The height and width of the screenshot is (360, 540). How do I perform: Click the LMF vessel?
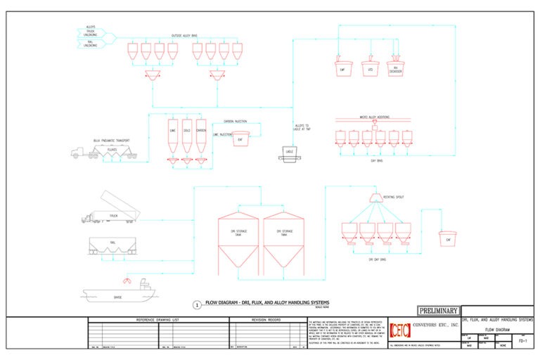tap(342, 68)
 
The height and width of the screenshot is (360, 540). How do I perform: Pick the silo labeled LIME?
tap(172, 135)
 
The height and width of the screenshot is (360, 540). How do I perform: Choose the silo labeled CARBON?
tap(201, 135)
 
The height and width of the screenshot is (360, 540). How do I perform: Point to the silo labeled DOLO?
tap(186, 135)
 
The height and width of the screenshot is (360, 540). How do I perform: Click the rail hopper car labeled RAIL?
tap(112, 244)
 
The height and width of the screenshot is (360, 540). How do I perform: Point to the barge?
tap(116, 290)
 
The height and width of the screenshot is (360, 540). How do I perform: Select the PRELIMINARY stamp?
tap(438, 311)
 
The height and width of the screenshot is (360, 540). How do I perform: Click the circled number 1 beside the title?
tap(197, 305)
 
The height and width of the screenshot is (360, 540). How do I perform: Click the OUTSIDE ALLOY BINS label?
tap(186, 36)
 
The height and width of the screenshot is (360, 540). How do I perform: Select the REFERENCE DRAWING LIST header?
tap(159, 320)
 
